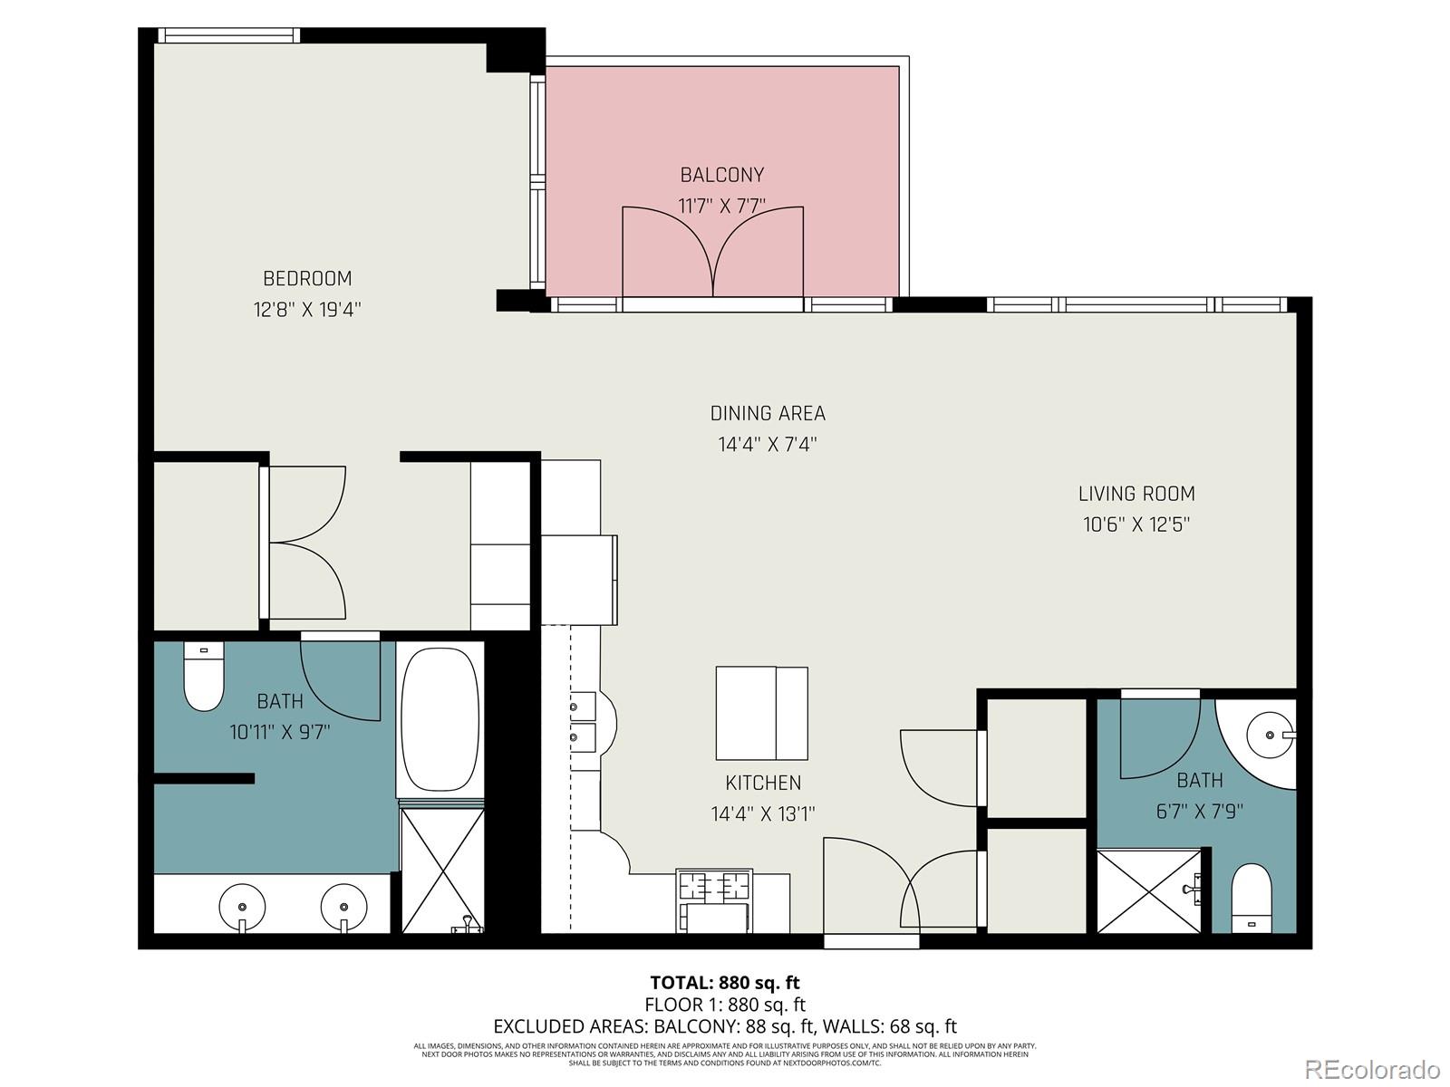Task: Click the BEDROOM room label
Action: point(307,278)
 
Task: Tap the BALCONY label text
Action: point(722,175)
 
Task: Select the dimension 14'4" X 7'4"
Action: point(768,445)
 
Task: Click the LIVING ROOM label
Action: point(1136,494)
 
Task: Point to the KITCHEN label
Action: point(763,783)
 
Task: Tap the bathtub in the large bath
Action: point(440,720)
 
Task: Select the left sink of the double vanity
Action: point(243,905)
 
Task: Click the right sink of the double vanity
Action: point(343,905)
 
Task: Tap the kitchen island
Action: point(761,714)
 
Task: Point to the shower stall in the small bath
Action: point(1148,890)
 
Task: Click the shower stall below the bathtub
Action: point(441,871)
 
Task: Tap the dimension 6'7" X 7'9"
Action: point(1199,812)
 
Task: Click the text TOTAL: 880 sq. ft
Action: point(725,982)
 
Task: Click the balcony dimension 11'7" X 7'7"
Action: point(722,206)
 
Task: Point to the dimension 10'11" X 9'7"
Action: point(279,732)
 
